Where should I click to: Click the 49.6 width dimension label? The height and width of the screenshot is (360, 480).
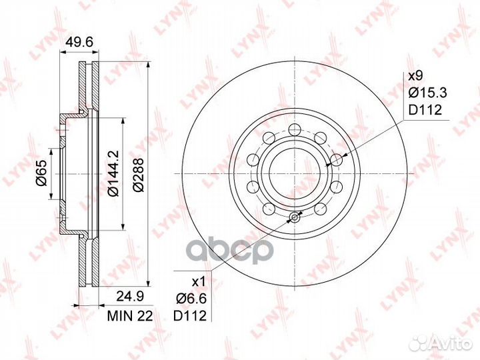tap(79, 41)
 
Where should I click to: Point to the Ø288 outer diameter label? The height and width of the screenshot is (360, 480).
tap(139, 175)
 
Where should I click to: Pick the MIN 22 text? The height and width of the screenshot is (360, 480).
tap(130, 316)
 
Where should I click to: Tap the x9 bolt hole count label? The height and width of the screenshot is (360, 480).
tap(415, 75)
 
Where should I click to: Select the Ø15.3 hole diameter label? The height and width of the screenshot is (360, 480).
tap(428, 93)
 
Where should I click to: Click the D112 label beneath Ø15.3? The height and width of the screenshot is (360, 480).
tap(425, 109)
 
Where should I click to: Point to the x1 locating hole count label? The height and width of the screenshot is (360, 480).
tap(198, 281)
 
